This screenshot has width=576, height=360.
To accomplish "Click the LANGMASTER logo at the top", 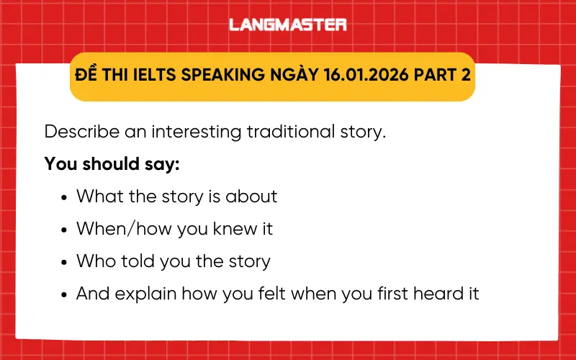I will (x=288, y=24).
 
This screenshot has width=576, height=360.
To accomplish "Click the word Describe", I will (x=78, y=132).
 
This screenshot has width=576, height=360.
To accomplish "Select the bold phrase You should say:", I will (x=112, y=163).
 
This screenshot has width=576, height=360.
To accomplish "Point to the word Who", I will (x=95, y=261).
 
